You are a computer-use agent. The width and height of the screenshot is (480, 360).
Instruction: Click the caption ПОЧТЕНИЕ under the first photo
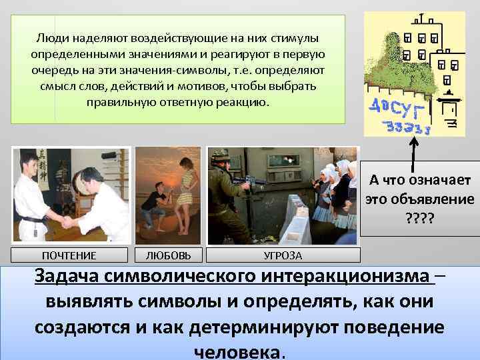click(x=69, y=255)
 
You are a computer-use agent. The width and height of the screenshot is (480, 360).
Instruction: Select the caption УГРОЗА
click(x=283, y=255)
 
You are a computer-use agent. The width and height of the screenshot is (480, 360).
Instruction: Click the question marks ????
click(x=419, y=217)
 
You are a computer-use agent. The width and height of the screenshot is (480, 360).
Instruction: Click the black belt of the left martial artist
click(x=33, y=219)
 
